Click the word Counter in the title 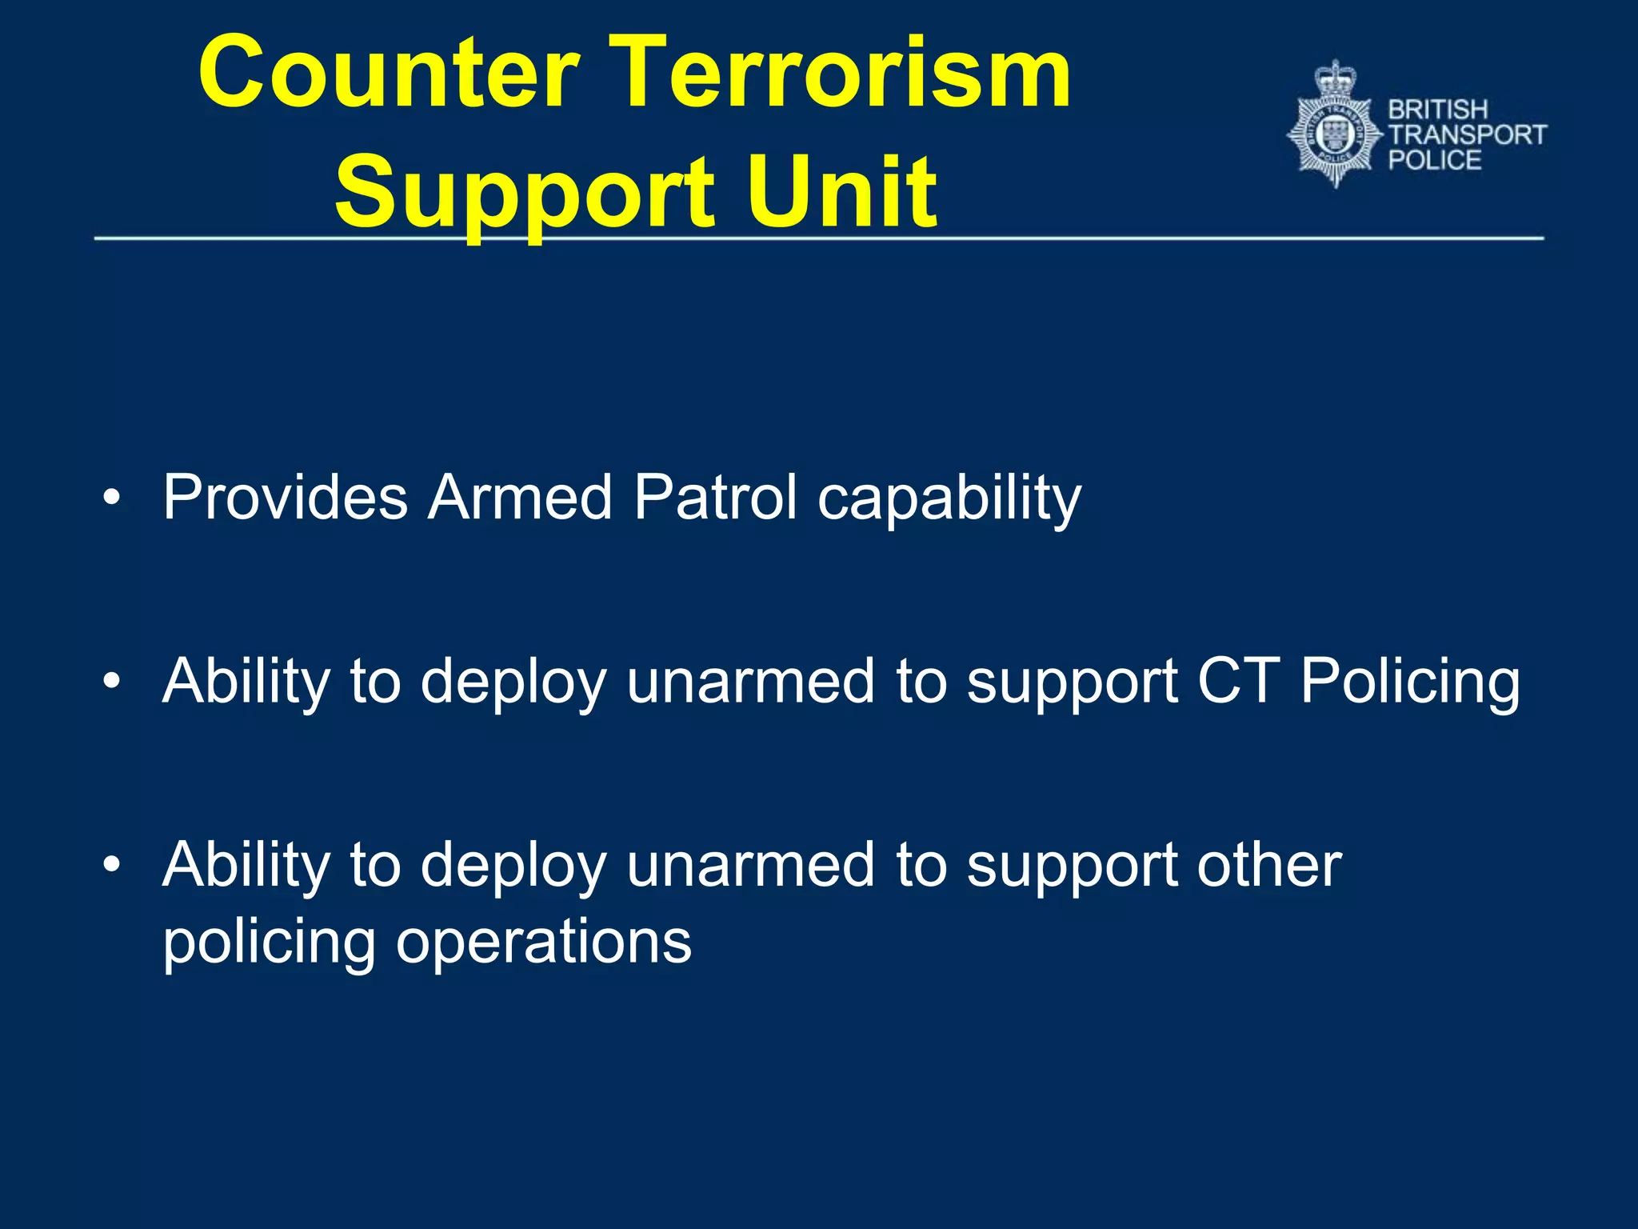pos(388,74)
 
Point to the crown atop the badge pos(1335,78)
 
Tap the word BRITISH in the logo pos(1437,110)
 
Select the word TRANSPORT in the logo pos(1467,134)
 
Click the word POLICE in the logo pos(1434,160)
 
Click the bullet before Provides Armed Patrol pos(112,498)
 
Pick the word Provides pos(285,498)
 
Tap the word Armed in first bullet pos(520,498)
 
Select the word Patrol pos(715,498)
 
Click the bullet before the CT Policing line pos(112,682)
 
